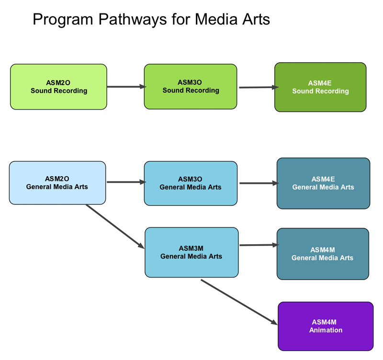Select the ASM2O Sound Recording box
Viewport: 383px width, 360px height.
(x=58, y=87)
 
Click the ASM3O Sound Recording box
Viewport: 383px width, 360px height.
(x=191, y=87)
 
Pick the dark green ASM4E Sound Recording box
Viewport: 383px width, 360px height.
(x=320, y=87)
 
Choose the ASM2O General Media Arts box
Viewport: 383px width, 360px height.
(x=57, y=183)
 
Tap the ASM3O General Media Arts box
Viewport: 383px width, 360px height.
(x=191, y=183)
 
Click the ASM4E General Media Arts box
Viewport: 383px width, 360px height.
(x=323, y=183)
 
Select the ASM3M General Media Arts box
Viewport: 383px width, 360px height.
(x=191, y=252)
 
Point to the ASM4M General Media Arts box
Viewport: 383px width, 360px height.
(x=323, y=254)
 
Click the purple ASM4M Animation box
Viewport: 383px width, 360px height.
(x=326, y=326)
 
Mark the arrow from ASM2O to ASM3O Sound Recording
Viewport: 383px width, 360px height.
(x=125, y=87)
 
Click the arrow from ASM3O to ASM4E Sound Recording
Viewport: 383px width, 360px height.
(x=258, y=88)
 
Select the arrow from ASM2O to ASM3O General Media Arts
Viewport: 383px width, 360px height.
(x=125, y=182)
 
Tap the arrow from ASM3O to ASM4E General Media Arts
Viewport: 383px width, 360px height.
(x=258, y=183)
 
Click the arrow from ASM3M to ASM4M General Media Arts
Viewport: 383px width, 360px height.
(x=258, y=245)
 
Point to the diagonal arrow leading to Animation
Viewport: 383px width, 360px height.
(x=239, y=302)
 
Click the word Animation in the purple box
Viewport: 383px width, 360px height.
(x=326, y=330)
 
